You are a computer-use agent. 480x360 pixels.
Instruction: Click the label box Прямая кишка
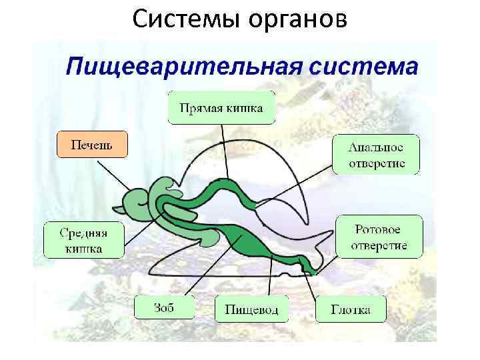tap(221, 107)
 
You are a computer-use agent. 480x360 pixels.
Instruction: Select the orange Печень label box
tap(92, 144)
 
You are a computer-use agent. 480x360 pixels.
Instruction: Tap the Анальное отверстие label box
tap(376, 155)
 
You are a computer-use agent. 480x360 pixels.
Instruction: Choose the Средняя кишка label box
tap(83, 240)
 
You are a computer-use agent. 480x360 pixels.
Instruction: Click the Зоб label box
tap(164, 308)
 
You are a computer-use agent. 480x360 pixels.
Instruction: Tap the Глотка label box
tap(350, 309)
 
